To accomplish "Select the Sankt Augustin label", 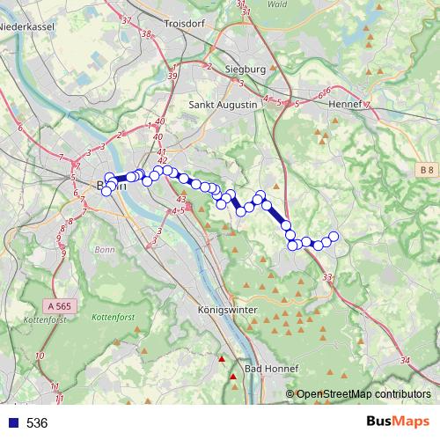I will click(224, 104).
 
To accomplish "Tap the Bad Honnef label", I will click(272, 369).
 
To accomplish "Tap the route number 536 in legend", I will click(37, 422).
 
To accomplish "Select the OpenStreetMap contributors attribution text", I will click(363, 394).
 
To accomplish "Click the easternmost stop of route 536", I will click(334, 236).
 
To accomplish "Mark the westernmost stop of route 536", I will click(106, 191).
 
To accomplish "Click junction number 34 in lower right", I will click(404, 361).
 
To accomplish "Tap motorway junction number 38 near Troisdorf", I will click(146, 35).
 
